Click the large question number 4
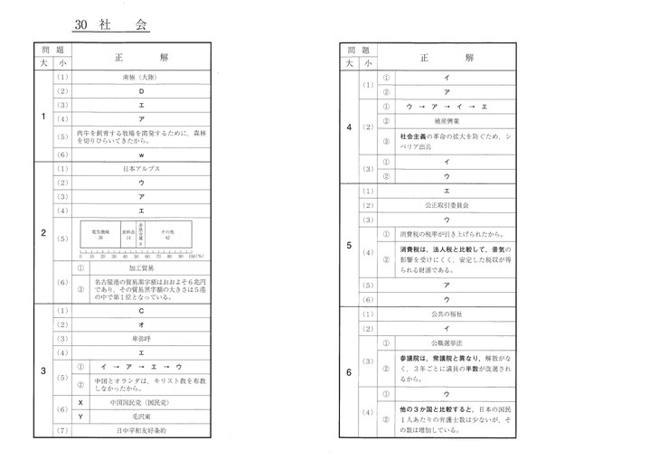[349, 126]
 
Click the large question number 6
[349, 371]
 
